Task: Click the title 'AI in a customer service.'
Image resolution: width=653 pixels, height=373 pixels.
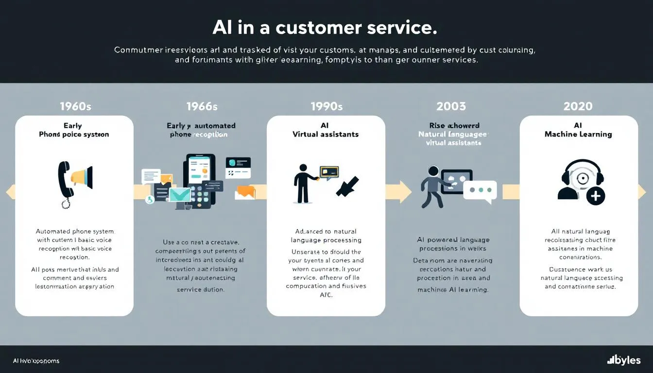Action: (325, 28)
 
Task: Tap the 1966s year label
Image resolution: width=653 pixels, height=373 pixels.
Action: (202, 106)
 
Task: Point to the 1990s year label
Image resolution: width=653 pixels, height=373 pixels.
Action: (326, 106)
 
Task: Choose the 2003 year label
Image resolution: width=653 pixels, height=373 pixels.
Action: (451, 106)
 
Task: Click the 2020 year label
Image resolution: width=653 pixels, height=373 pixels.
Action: (578, 106)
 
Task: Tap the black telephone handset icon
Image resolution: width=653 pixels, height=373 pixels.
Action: (64, 182)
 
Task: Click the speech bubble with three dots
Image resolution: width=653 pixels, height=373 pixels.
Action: (480, 190)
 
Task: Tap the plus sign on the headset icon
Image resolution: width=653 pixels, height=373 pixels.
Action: (596, 196)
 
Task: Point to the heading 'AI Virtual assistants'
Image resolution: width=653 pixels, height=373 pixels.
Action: (326, 130)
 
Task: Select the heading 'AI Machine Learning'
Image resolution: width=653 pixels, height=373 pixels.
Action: (578, 130)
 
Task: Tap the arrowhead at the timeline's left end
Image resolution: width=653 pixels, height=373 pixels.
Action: (10, 192)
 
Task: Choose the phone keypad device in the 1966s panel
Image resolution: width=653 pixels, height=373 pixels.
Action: (199, 182)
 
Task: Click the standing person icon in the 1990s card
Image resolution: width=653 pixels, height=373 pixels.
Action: (303, 183)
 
